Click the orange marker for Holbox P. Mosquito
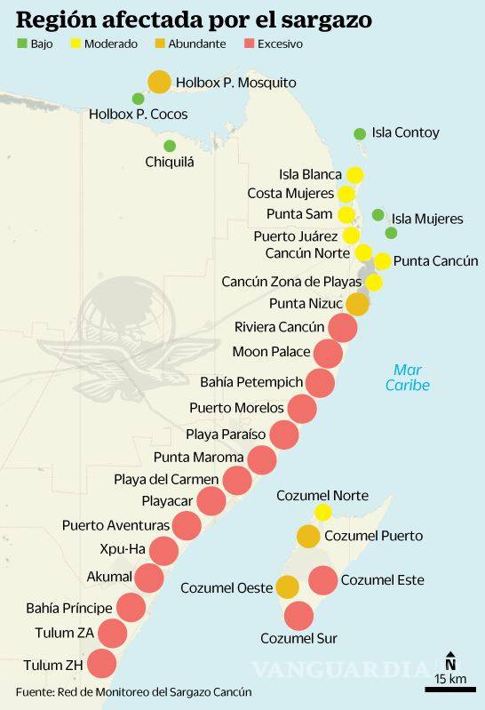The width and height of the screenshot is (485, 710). (x=159, y=82)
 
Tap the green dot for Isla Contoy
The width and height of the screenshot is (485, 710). (x=360, y=134)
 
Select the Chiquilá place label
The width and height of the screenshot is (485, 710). (x=169, y=162)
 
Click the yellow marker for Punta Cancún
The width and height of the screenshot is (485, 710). (x=382, y=261)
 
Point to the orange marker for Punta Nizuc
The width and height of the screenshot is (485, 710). (x=357, y=304)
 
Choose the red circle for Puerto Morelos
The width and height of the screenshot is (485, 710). (x=302, y=409)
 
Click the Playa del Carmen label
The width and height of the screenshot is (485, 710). (x=166, y=480)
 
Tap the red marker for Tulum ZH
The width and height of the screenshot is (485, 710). (x=101, y=664)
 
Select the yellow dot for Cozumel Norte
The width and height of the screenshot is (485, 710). (x=322, y=512)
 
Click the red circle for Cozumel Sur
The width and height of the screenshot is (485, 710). (x=298, y=615)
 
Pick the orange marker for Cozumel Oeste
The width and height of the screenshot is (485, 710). (x=287, y=586)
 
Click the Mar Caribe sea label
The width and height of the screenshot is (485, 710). (x=408, y=378)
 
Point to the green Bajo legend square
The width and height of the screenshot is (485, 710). (x=21, y=43)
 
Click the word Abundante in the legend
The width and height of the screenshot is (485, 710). (x=196, y=43)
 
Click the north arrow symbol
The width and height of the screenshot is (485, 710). (x=450, y=662)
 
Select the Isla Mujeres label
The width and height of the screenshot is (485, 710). (x=427, y=219)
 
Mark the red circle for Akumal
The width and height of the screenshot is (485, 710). (x=148, y=578)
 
